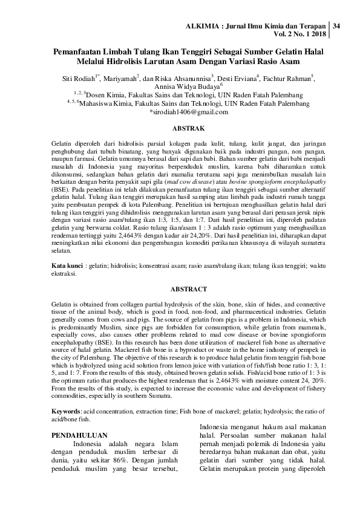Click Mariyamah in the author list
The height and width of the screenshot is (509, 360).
[119, 79]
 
